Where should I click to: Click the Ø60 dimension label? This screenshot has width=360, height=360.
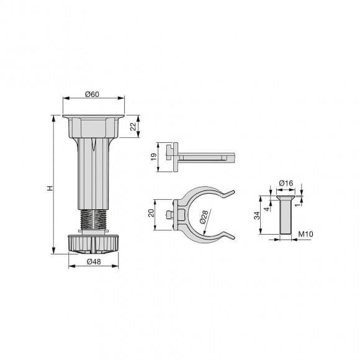(93, 95)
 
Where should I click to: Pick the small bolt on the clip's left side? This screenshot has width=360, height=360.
(169, 215)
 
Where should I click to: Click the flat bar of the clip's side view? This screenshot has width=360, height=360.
(211, 158)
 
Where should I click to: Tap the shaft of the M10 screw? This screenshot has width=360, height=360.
(286, 217)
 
